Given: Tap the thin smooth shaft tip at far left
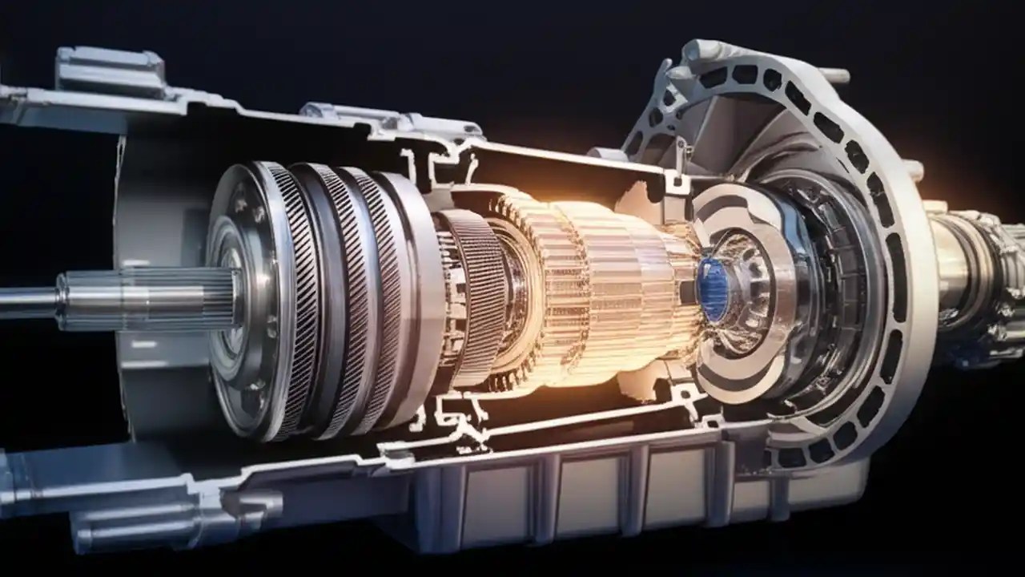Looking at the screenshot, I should [24, 301].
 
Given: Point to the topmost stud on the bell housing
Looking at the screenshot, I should [833, 75].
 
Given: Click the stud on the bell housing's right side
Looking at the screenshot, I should [913, 170].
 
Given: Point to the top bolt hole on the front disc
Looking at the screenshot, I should [240, 204].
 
